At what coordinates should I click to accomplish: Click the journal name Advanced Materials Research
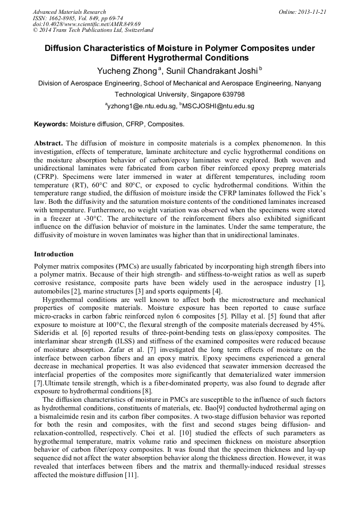pyautogui.click(x=70, y=12)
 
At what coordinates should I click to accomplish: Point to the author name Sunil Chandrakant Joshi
pyautogui.click(x=210, y=71)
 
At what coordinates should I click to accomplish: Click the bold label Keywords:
pyautogui.click(x=51, y=124)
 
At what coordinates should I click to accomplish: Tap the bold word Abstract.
pyautogui.click(x=48, y=143)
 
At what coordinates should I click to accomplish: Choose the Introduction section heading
pyautogui.click(x=54, y=254)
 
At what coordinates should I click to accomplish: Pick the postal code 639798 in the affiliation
pyautogui.click(x=232, y=94)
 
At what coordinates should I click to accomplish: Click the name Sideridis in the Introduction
pyautogui.click(x=47, y=332)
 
